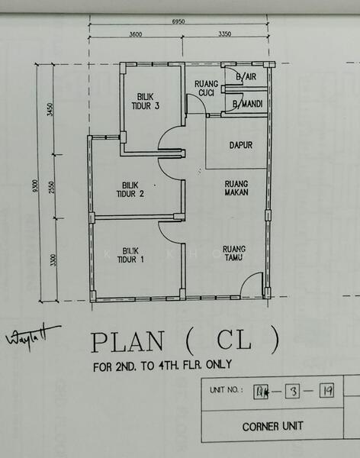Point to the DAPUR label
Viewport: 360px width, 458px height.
(241, 145)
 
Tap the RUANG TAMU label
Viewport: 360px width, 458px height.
(233, 253)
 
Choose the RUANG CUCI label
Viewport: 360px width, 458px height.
(207, 88)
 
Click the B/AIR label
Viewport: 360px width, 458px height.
(246, 78)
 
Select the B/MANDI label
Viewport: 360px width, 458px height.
(248, 103)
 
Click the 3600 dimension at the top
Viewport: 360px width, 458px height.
(136, 34)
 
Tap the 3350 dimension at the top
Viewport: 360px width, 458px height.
(224, 34)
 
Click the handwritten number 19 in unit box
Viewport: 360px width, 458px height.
(326, 392)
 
